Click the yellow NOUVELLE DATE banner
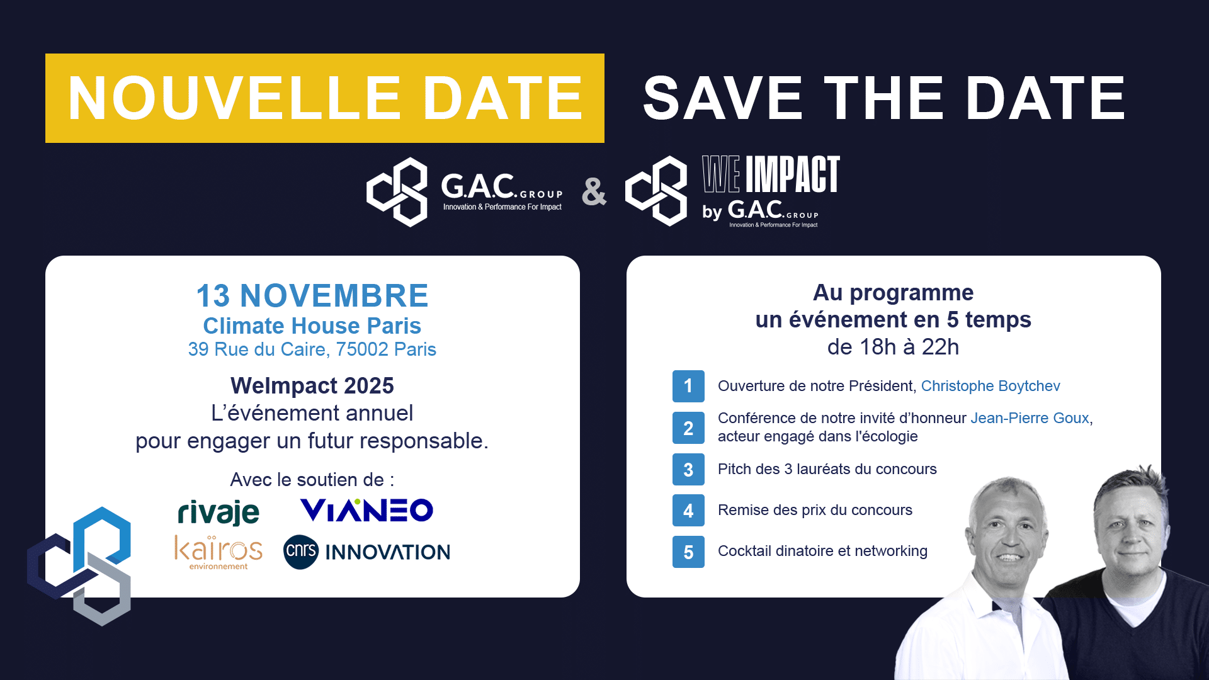(325, 98)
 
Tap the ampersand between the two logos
(594, 192)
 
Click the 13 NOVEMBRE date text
(312, 296)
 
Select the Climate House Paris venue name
(312, 326)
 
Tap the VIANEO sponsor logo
(366, 510)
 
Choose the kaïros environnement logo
(219, 552)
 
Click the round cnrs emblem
(301, 552)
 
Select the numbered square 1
(688, 386)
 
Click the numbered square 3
(688, 470)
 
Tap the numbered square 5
(688, 552)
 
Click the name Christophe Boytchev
(990, 386)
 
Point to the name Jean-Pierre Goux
(1030, 418)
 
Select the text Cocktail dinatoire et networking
(822, 551)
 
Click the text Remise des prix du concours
(815, 510)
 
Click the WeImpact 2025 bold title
(312, 386)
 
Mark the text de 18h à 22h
(893, 347)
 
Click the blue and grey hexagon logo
(79, 566)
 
